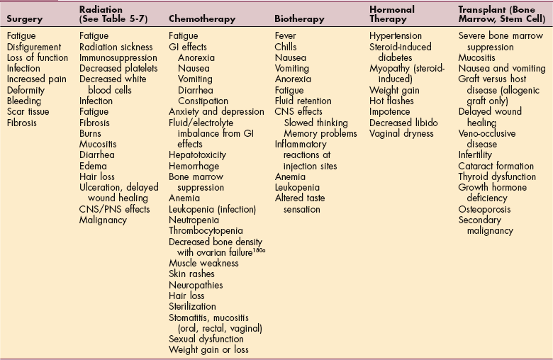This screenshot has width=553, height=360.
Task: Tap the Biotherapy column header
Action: coord(301,19)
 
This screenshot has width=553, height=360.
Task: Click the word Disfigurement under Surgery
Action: coord(35,47)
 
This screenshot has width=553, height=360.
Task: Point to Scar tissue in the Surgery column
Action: coord(30,112)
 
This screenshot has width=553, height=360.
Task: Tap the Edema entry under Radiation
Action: coord(94,166)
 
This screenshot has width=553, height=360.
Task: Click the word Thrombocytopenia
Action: coord(206,230)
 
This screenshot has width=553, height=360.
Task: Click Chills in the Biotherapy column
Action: coord(286,47)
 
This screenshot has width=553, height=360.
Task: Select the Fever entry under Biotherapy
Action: coord(287,35)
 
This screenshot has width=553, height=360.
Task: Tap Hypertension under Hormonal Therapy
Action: coord(396,35)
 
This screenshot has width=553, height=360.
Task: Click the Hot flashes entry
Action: coord(392,101)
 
